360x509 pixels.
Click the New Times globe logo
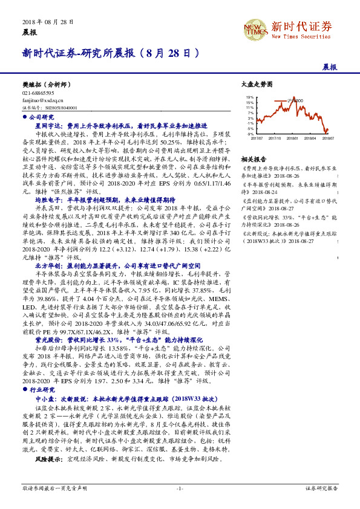(x=255, y=29)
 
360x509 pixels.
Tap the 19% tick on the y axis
(x=250, y=97)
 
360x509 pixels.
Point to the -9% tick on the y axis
(x=250, y=134)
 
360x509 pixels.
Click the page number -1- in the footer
(x=179, y=487)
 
